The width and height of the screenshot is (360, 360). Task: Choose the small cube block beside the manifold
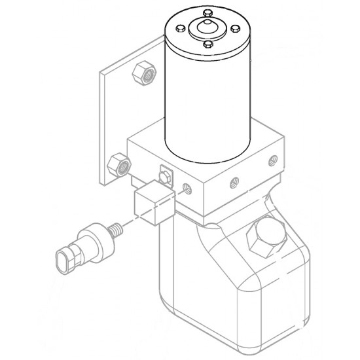coord(153,204)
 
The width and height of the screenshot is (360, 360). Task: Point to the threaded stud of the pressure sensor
coord(117,230)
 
